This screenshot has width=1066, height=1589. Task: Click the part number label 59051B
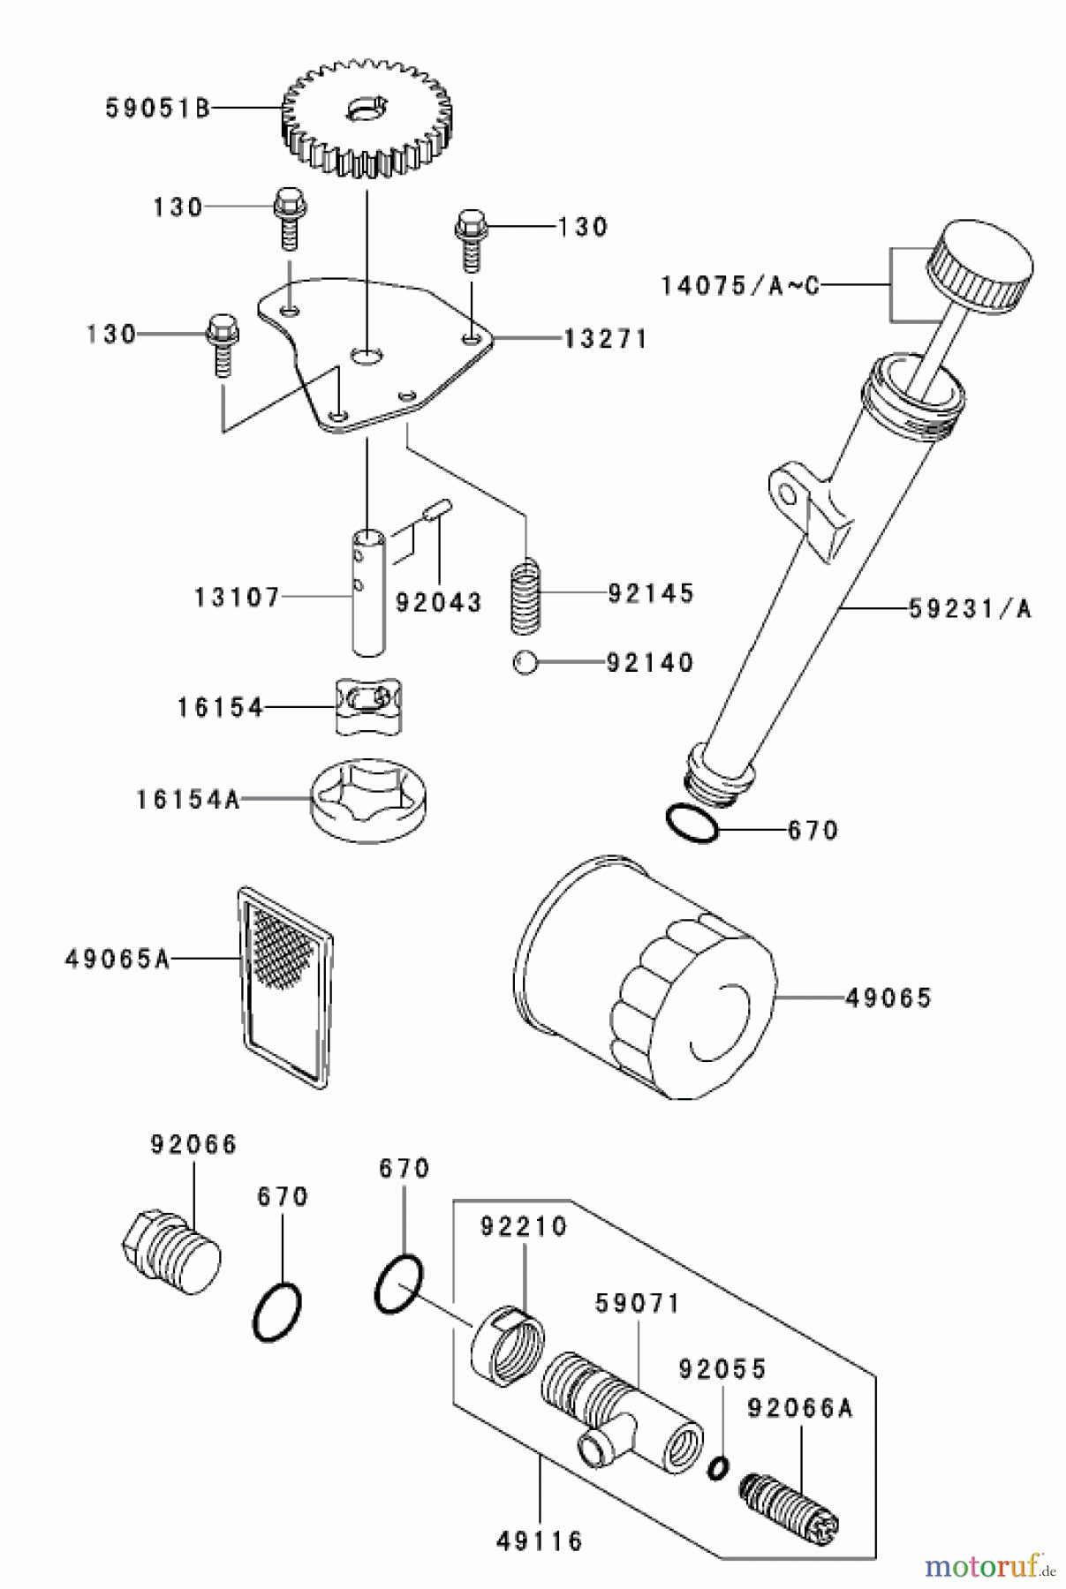[157, 109]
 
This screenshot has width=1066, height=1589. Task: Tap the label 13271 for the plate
[605, 339]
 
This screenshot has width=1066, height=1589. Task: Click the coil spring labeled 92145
[526, 598]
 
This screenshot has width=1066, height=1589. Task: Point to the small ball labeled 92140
[525, 662]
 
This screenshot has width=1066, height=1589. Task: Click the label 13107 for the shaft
[237, 598]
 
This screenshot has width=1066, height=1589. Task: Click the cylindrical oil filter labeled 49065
[645, 980]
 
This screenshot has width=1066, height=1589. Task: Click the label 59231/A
[970, 609]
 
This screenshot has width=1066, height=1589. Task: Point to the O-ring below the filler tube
[692, 825]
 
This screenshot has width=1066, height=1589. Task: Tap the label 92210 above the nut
[524, 1227]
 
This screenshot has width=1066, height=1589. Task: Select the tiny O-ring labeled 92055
[718, 1467]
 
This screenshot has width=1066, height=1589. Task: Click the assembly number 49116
[540, 1542]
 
